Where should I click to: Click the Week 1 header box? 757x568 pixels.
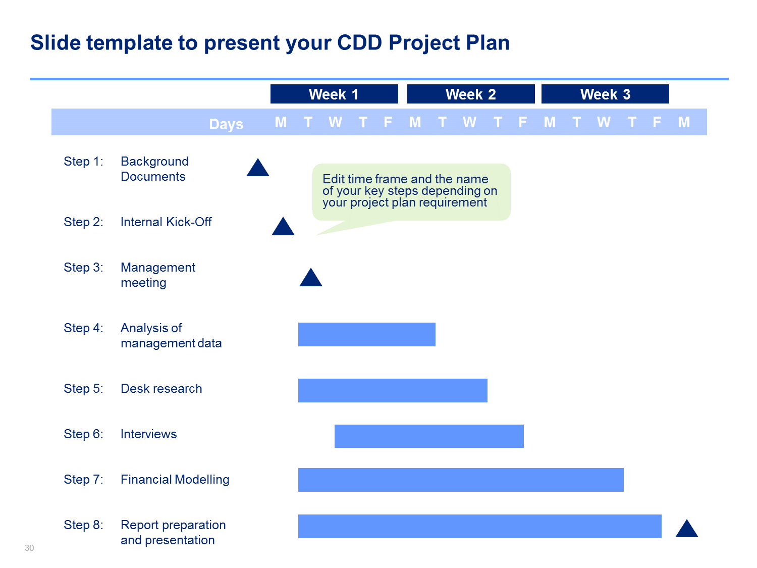334,94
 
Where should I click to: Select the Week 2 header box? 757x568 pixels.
471,94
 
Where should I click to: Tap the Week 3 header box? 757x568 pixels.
605,94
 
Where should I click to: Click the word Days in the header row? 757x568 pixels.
226,124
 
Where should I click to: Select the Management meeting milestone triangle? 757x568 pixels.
310,279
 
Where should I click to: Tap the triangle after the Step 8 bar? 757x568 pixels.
686,530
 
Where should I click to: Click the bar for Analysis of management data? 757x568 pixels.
366,334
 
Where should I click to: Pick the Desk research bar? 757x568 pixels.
393,390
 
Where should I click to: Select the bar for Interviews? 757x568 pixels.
429,436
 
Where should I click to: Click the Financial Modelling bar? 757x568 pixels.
461,480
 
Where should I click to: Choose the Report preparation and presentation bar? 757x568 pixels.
480,526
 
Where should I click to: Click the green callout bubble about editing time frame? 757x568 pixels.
411,192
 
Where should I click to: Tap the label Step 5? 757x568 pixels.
83,389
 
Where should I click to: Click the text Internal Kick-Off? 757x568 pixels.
166,222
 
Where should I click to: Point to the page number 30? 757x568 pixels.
29,548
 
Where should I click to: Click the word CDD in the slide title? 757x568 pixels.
359,43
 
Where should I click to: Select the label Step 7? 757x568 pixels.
83,480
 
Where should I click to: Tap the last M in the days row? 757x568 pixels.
684,122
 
